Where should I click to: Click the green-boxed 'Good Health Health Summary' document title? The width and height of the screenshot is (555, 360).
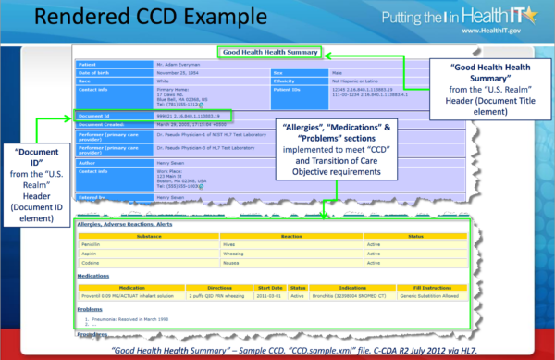(268, 53)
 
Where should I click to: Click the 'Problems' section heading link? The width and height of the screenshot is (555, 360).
(91, 311)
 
